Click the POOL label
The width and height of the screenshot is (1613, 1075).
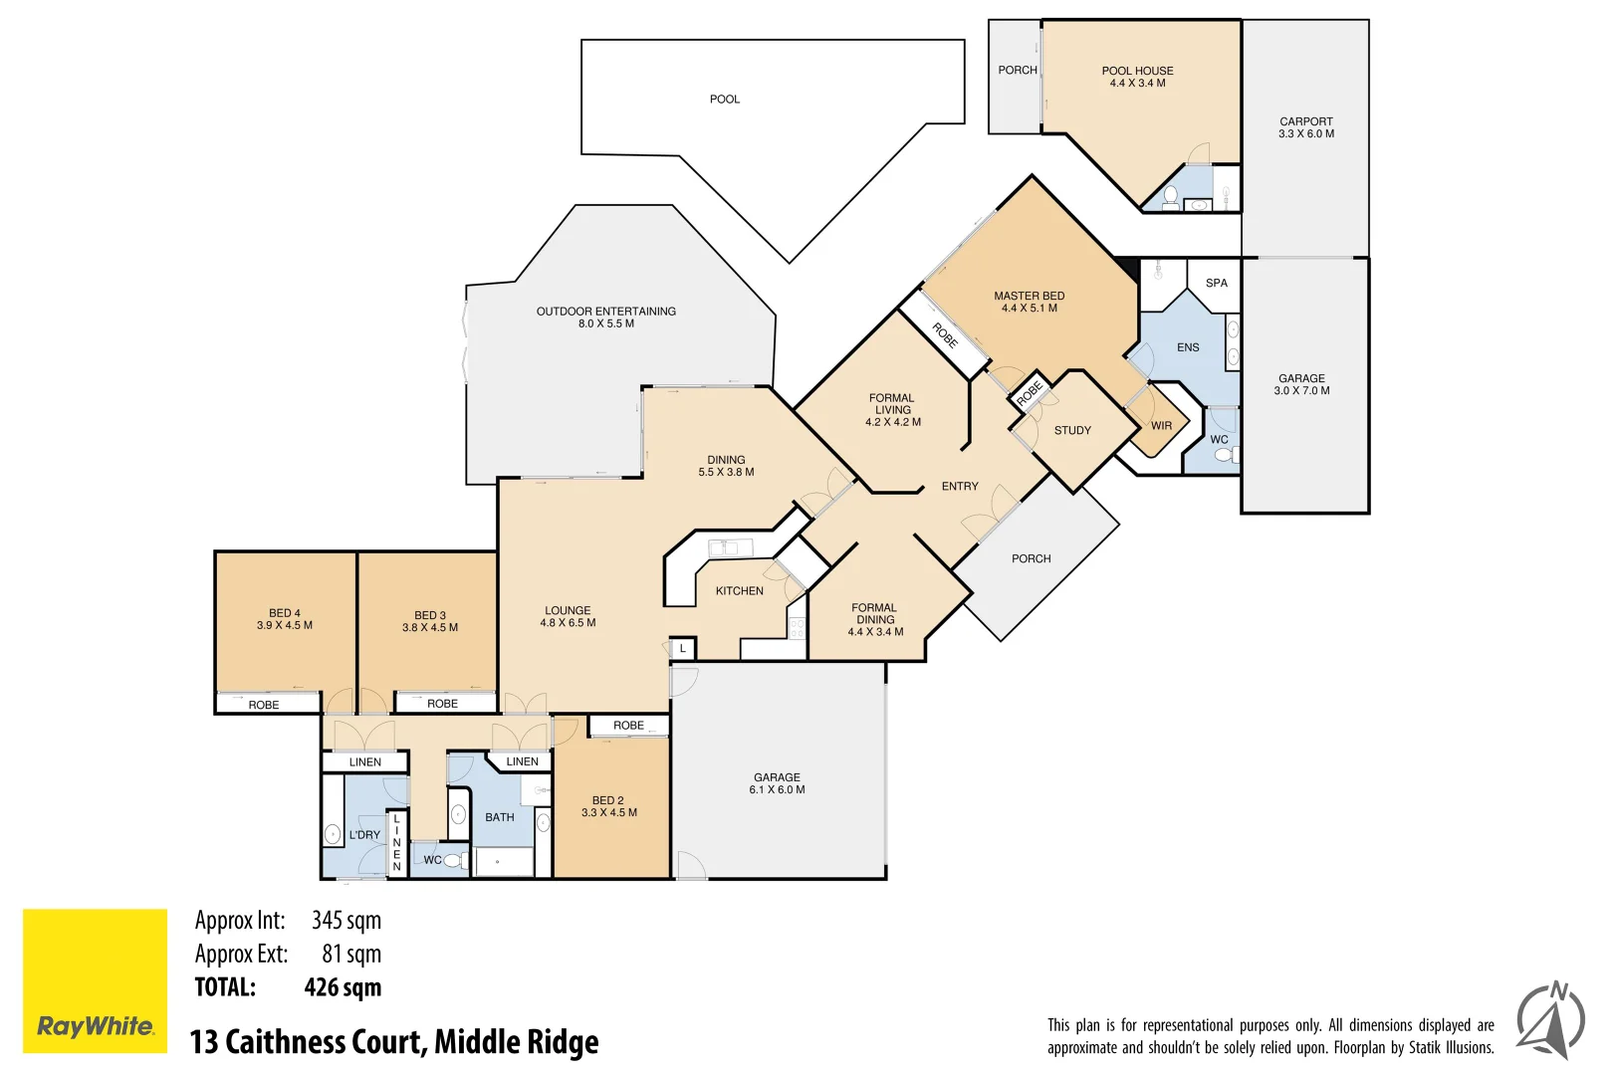[724, 100]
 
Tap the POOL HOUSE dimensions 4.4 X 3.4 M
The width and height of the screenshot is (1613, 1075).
[1137, 84]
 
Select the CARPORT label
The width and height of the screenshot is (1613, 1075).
[1305, 121]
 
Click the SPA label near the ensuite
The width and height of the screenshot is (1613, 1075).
[1216, 284]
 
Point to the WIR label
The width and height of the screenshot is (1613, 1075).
[1161, 426]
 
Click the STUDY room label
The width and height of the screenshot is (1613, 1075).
[1072, 431]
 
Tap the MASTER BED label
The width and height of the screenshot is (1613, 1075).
[1029, 297]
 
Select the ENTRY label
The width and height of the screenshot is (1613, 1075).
[960, 487]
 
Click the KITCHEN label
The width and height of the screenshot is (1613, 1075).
[739, 591]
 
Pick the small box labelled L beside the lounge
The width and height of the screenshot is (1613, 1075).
[683, 649]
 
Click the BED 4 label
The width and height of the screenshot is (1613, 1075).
[284, 613]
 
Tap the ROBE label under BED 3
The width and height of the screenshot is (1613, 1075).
[442, 704]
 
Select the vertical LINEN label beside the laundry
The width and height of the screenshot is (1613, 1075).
[396, 842]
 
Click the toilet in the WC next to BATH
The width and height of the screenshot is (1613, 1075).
[454, 861]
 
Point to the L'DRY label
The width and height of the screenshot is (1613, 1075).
[364, 835]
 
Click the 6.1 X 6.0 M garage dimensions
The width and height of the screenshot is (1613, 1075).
[777, 790]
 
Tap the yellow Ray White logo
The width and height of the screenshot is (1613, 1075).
[95, 980]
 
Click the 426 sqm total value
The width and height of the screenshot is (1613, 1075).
[343, 987]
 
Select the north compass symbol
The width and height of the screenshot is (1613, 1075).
[1550, 1020]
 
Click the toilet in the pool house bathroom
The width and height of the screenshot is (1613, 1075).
[1171, 196]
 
